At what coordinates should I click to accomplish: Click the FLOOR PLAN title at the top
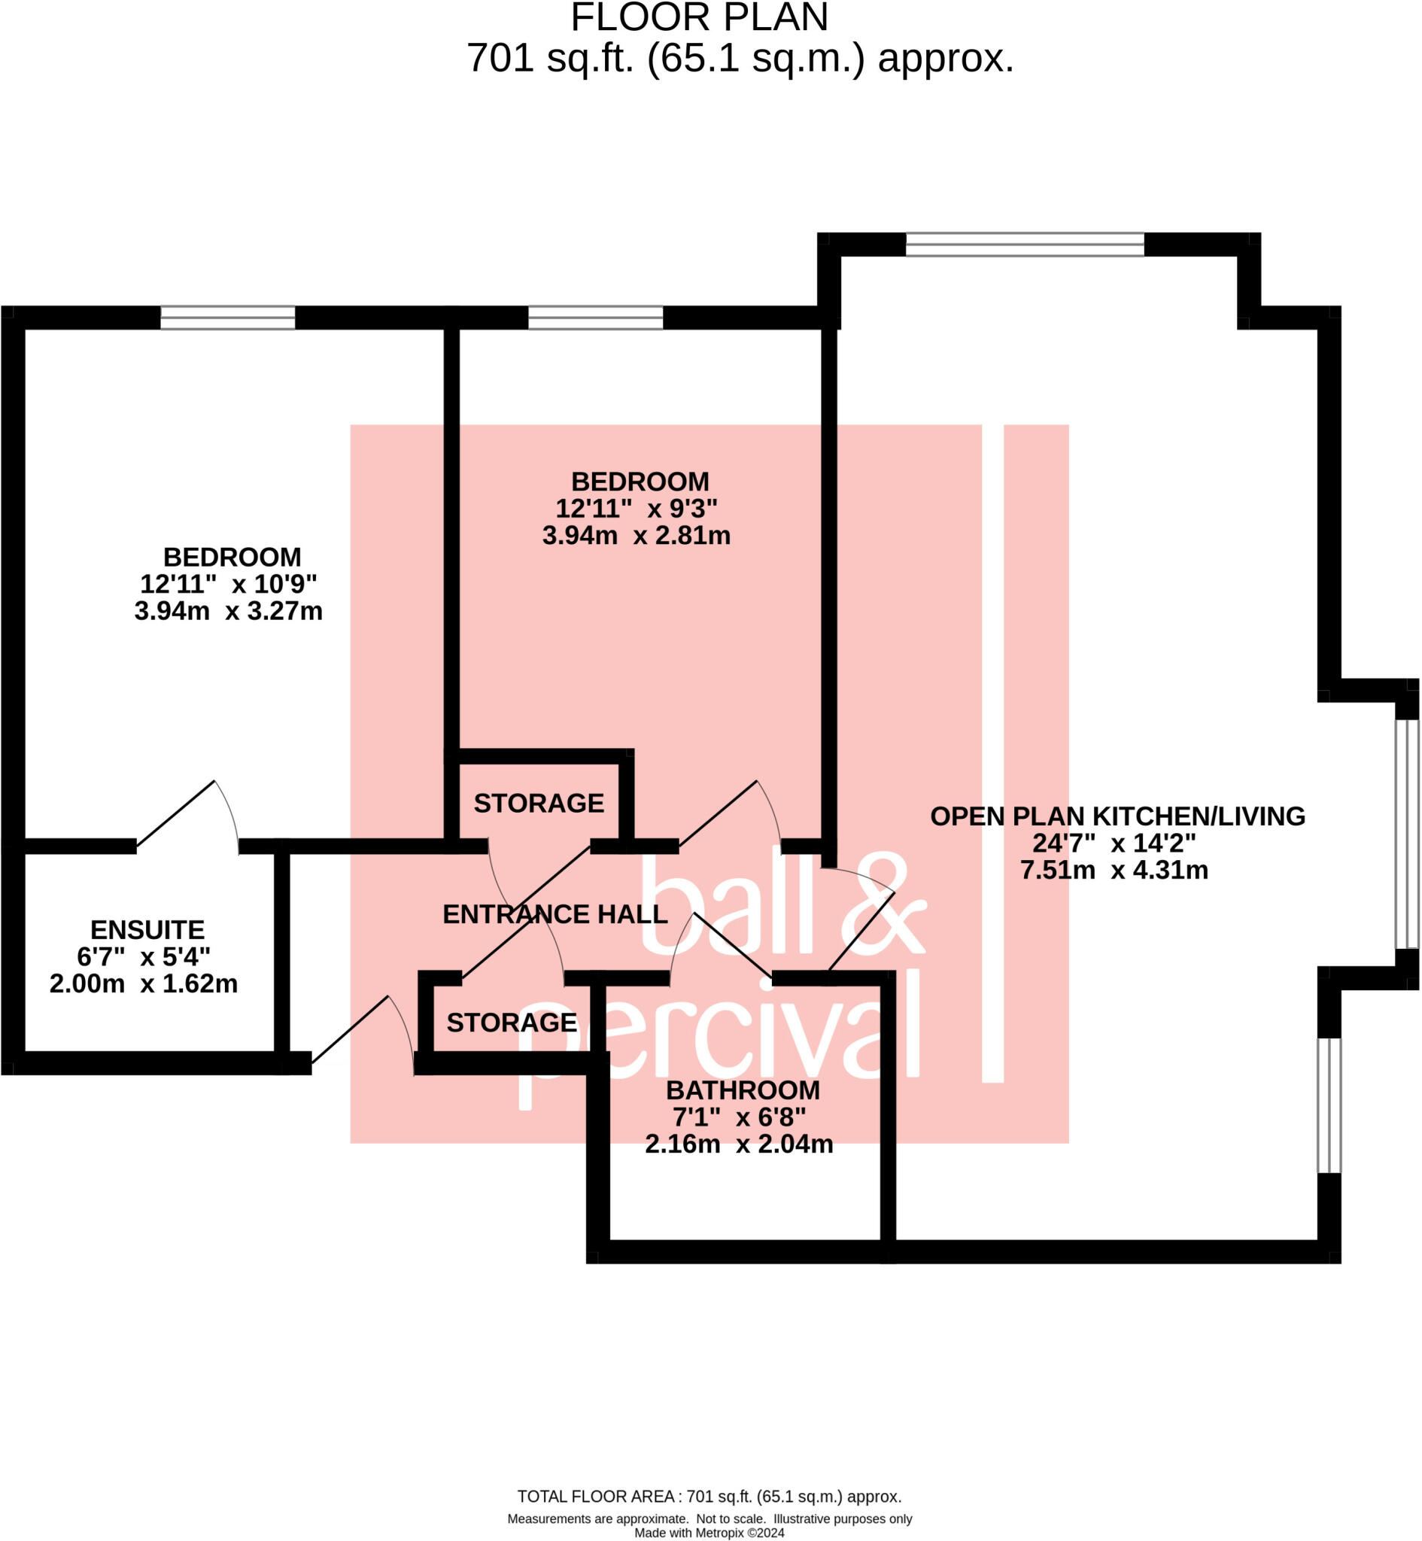point(699,17)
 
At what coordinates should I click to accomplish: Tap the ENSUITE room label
point(147,930)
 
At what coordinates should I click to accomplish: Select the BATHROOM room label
point(743,1090)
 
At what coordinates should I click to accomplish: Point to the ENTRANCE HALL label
point(555,914)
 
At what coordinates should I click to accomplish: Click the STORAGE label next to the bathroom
point(512,1023)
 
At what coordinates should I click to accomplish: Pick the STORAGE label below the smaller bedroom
point(539,803)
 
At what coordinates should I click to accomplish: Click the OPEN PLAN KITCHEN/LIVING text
point(1117,816)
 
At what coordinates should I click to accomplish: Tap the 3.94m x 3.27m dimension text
point(229,611)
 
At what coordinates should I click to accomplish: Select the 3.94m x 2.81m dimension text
point(637,536)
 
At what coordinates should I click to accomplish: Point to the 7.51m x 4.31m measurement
point(1114,870)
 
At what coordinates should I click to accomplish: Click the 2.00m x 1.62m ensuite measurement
point(144,984)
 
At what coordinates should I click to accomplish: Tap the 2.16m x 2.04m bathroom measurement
point(739,1144)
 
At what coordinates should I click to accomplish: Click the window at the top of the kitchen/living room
point(1025,245)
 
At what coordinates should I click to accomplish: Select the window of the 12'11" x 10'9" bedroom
point(228,318)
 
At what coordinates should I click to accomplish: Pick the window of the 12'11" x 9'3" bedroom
point(596,318)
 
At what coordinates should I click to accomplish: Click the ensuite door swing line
point(175,814)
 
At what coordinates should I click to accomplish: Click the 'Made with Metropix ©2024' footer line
point(709,1533)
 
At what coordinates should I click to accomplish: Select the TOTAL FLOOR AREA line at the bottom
point(709,1497)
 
